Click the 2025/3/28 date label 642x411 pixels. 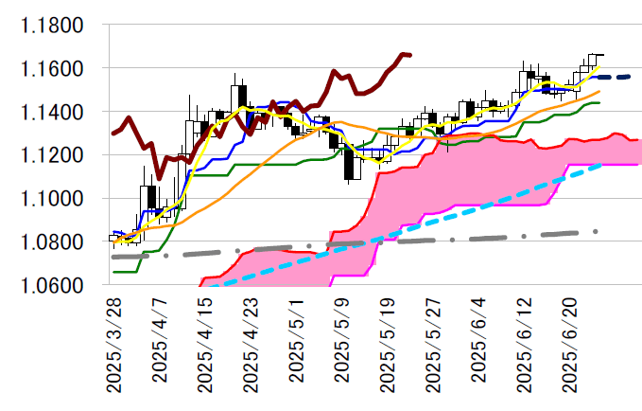(x=114, y=343)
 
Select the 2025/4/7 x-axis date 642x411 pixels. (x=161, y=338)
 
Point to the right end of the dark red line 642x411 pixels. (x=409, y=55)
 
